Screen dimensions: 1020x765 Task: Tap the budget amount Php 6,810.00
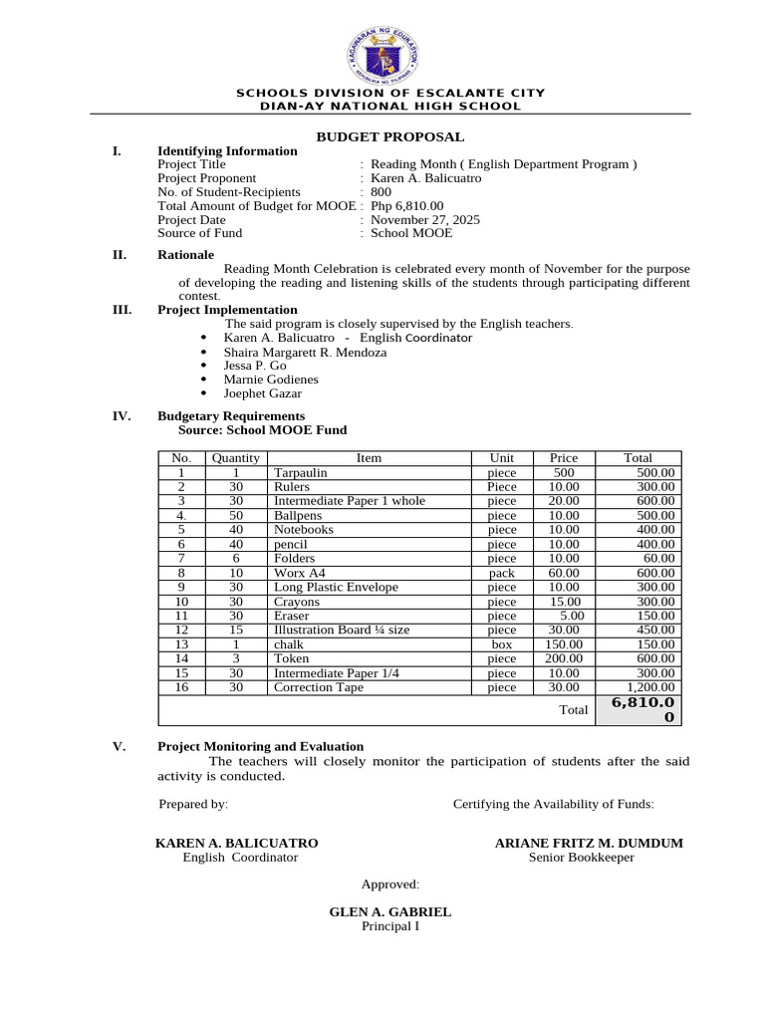[x=407, y=206]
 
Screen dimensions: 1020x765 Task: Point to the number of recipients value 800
[x=381, y=192]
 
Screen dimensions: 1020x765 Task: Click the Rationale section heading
[x=185, y=255]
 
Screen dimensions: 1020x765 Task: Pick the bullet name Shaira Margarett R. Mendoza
[x=306, y=353]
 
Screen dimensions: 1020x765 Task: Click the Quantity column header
[x=235, y=458]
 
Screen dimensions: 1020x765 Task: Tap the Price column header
[x=564, y=458]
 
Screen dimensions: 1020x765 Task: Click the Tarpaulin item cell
[x=299, y=473]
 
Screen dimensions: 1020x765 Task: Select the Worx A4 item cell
[x=295, y=573]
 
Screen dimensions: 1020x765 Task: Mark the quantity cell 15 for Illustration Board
[x=235, y=630]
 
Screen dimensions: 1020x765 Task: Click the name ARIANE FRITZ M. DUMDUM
[x=589, y=844]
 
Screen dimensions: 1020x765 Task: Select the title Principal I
[x=389, y=926]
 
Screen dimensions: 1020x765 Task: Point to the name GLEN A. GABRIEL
[x=389, y=912]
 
